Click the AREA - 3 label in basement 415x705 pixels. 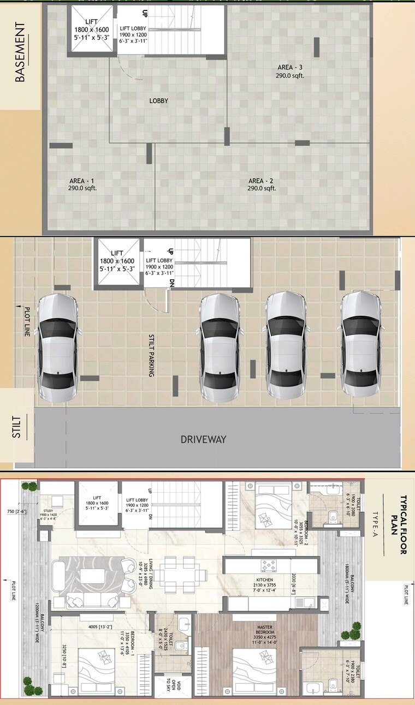(x=289, y=71)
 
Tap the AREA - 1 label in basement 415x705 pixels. (x=81, y=184)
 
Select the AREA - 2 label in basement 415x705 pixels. (x=261, y=184)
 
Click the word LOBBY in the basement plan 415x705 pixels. (x=159, y=101)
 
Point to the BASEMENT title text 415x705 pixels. (x=20, y=52)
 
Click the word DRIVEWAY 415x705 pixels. (x=203, y=439)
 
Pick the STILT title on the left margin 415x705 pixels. (x=17, y=427)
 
